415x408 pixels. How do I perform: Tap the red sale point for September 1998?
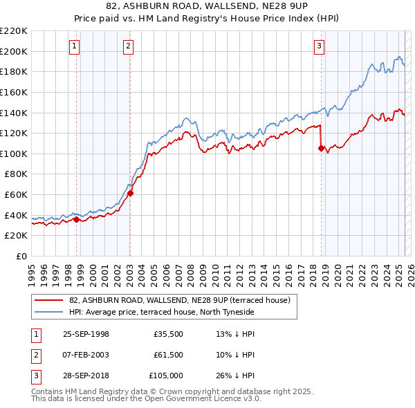[77, 220]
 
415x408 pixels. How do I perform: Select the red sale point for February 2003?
[130, 194]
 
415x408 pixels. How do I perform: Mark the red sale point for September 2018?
[321, 148]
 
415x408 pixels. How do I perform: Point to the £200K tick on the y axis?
[14, 51]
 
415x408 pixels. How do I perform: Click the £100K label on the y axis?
[14, 154]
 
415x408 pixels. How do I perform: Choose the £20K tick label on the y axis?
[16, 236]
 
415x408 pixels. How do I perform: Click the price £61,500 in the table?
[169, 355]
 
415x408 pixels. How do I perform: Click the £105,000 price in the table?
[166, 375]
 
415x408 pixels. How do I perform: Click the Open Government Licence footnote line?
[146, 399]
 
